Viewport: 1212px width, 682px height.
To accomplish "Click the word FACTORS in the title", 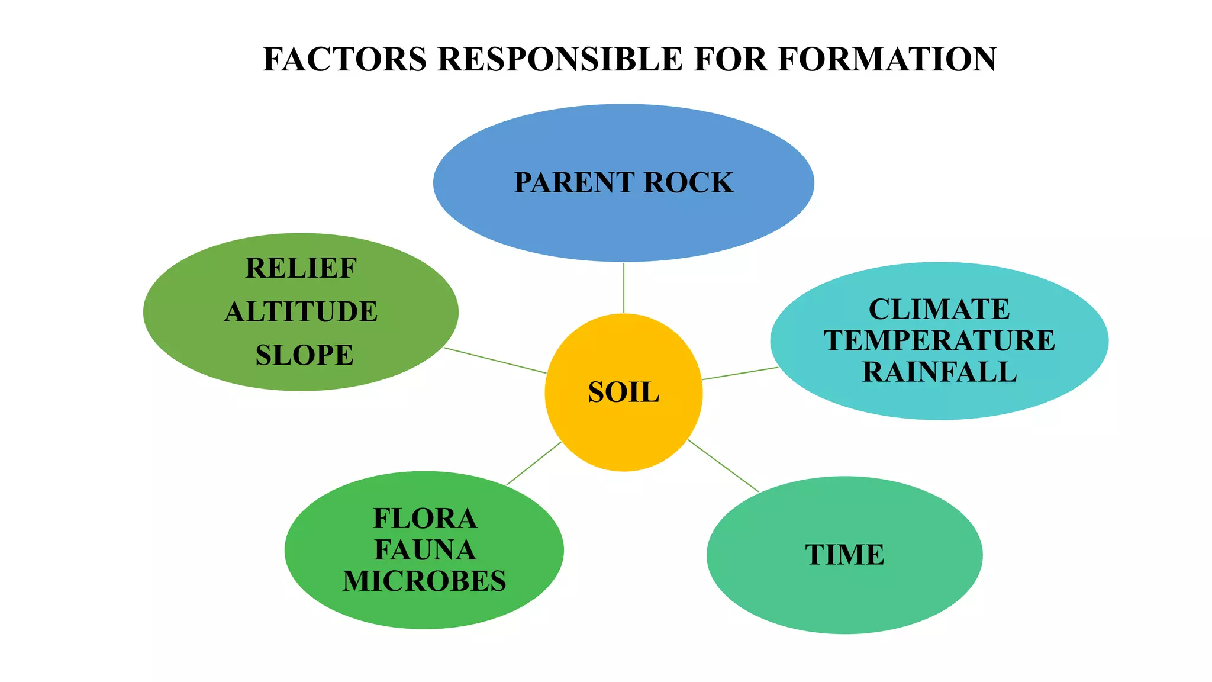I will tap(344, 59).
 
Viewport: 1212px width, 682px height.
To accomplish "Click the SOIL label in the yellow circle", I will tap(623, 393).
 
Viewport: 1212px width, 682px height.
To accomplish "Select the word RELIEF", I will tap(301, 268).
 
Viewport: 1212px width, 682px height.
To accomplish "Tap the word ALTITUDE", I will tap(301, 311).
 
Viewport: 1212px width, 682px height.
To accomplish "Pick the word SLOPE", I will tap(304, 355).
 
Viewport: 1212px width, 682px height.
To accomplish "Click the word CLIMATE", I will tap(939, 309).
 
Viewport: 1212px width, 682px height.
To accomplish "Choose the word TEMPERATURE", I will tap(939, 340).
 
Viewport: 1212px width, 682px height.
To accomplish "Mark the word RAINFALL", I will tap(939, 372).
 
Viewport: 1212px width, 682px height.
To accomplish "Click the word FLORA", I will tap(425, 519).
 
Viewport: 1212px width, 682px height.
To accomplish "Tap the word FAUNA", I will tap(425, 550).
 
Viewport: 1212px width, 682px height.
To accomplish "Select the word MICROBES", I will tap(424, 581).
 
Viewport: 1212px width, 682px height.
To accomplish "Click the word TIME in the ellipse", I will tap(844, 555).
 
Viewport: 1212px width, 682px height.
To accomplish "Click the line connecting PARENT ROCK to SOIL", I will tap(624, 288).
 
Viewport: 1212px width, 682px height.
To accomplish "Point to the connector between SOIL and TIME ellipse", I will tap(723, 466).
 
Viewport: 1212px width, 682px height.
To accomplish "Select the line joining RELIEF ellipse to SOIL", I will tap(495, 361).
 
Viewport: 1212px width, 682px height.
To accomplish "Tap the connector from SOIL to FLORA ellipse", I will tap(534, 464).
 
